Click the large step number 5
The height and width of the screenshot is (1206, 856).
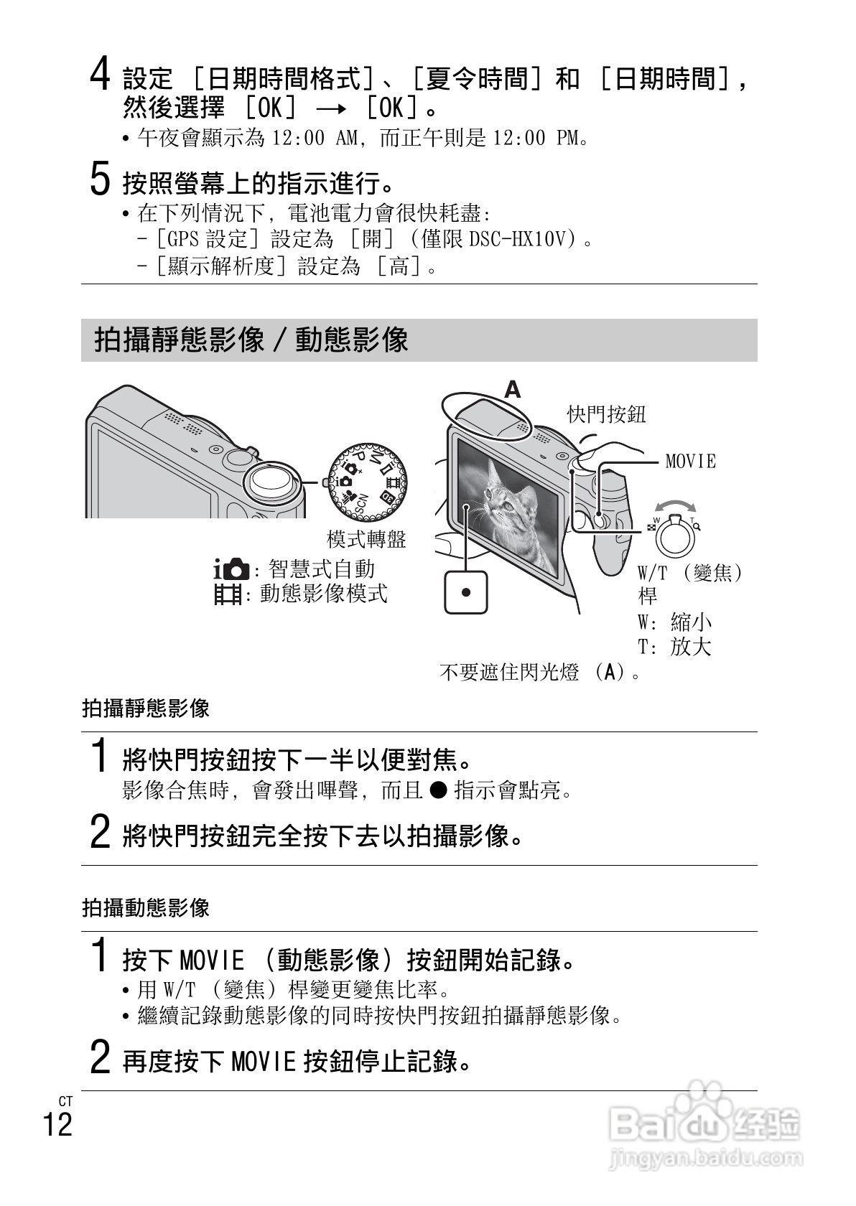[x=100, y=179]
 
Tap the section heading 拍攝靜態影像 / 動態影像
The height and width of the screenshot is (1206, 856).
[x=251, y=340]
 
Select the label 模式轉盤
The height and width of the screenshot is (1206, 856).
[x=366, y=539]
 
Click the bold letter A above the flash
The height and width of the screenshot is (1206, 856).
[x=512, y=390]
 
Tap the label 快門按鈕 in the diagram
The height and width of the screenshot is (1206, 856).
[x=607, y=414]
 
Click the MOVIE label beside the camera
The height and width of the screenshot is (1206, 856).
[x=690, y=461]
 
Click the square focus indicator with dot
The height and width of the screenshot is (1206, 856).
[x=466, y=592]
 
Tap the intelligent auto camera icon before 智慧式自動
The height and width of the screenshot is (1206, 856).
[x=231, y=571]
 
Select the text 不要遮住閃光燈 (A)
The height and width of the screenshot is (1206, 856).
[x=539, y=673]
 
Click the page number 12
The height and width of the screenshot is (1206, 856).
[x=57, y=1124]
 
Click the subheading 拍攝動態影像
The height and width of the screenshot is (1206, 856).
[x=146, y=907]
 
